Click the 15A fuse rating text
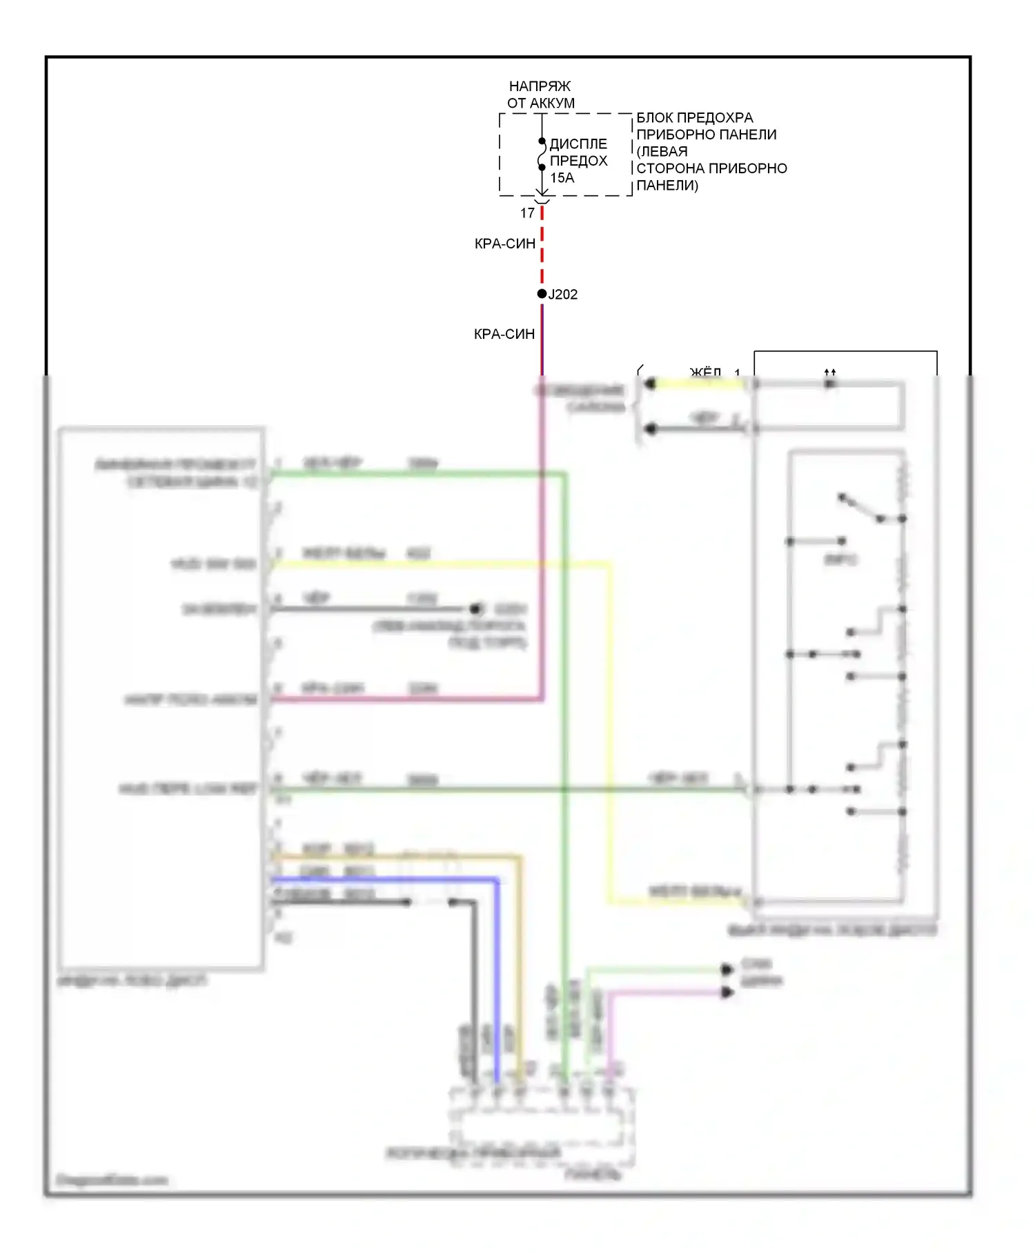coord(562,178)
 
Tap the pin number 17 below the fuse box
coord(528,213)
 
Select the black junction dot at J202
coord(542,294)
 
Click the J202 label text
coord(563,295)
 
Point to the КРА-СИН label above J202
coord(505,244)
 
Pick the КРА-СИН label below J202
coord(504,334)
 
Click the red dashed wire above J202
coord(542,248)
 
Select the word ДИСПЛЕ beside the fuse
coord(578,144)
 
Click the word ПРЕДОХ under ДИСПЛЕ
coord(578,161)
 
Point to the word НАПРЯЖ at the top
coord(540,86)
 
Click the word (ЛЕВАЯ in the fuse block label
coord(662,152)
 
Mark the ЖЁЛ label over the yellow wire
coord(705,373)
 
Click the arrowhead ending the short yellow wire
coord(649,384)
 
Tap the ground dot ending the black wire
coord(475,609)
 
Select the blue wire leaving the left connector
coord(386,880)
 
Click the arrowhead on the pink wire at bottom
coord(727,992)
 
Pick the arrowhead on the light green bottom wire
coord(727,970)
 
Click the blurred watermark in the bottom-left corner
coord(112,1180)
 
